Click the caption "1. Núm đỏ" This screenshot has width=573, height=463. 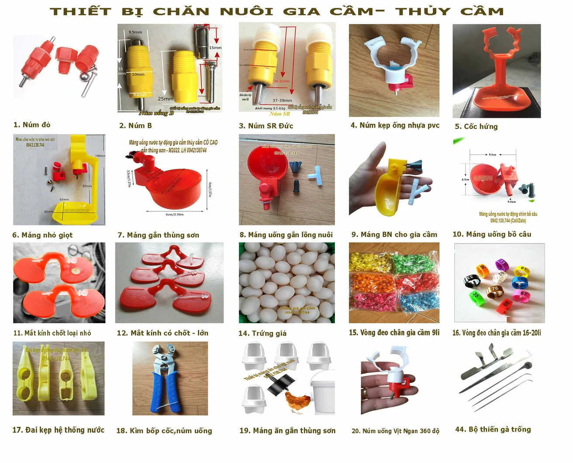[x=32, y=125]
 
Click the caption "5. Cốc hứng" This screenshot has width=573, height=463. [x=476, y=127]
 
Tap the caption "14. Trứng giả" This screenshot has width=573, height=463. [x=262, y=333]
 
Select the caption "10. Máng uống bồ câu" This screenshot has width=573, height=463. [x=492, y=234]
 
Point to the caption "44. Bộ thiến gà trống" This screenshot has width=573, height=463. [x=493, y=429]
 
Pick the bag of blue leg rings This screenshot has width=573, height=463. [x=418, y=301]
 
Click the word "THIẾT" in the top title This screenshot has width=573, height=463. [x=80, y=11]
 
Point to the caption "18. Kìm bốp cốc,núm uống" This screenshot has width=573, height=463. [x=164, y=431]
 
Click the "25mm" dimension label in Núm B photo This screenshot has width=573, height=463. [x=166, y=99]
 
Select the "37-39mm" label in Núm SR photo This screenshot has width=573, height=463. [x=282, y=100]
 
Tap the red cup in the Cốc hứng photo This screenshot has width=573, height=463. [x=498, y=98]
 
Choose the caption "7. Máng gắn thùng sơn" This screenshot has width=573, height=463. [x=159, y=235]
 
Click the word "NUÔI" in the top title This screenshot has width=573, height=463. [x=247, y=11]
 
